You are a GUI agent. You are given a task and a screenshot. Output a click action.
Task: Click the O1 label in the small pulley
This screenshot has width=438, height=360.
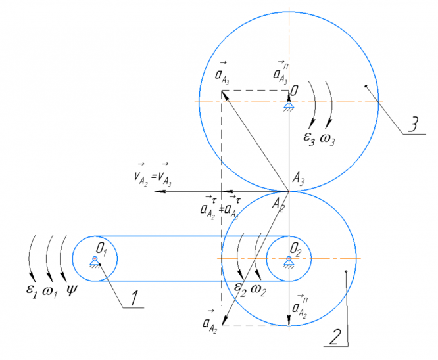[101, 249]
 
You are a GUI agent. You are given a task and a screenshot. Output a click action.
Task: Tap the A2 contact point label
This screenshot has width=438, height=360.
[280, 203]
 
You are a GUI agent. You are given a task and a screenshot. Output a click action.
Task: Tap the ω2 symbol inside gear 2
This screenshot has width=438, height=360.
[258, 287]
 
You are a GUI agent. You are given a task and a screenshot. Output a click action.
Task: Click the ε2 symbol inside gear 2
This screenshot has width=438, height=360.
[240, 287]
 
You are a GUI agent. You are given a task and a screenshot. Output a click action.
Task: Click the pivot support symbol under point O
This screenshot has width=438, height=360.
[288, 106]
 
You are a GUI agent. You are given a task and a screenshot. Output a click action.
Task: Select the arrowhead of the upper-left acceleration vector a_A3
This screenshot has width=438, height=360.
[223, 93]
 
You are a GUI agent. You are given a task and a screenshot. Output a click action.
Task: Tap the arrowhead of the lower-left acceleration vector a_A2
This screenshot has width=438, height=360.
[224, 323]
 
